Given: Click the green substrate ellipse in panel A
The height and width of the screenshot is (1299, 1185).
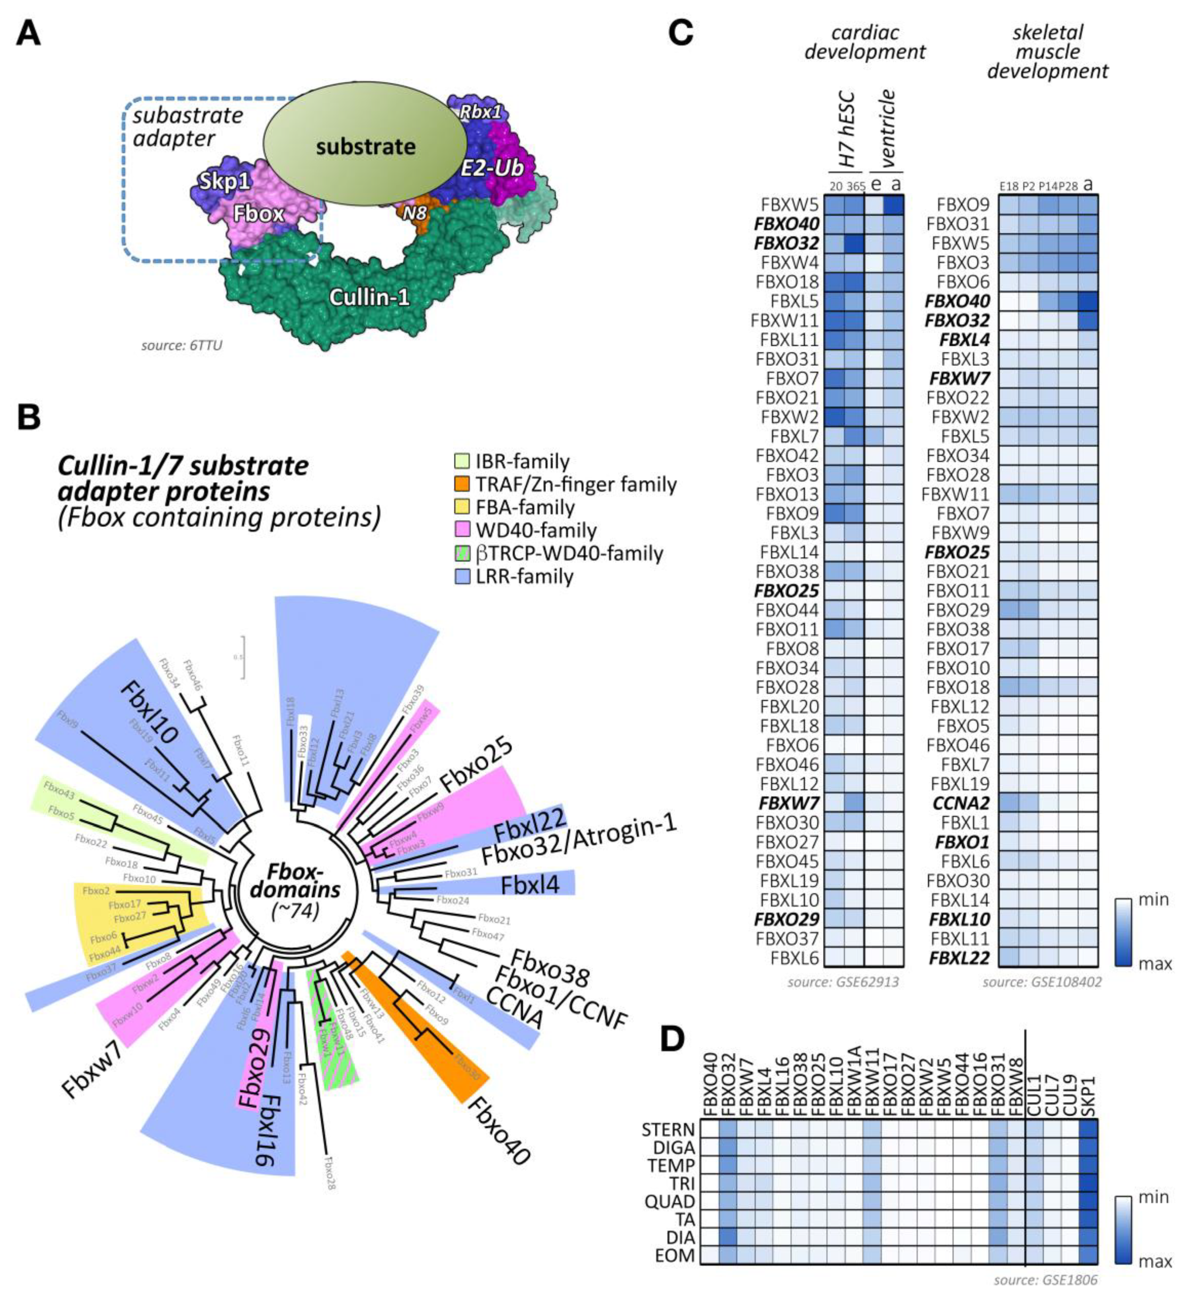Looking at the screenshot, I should [x=366, y=147].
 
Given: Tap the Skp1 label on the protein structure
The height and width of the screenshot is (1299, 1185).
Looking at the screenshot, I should [x=225, y=182].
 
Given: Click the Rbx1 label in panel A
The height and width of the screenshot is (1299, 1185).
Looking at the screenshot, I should [x=479, y=112].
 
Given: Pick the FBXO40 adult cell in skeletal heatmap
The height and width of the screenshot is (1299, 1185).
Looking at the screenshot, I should [x=1088, y=301].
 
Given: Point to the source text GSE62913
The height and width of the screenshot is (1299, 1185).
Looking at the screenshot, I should [x=843, y=983].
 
